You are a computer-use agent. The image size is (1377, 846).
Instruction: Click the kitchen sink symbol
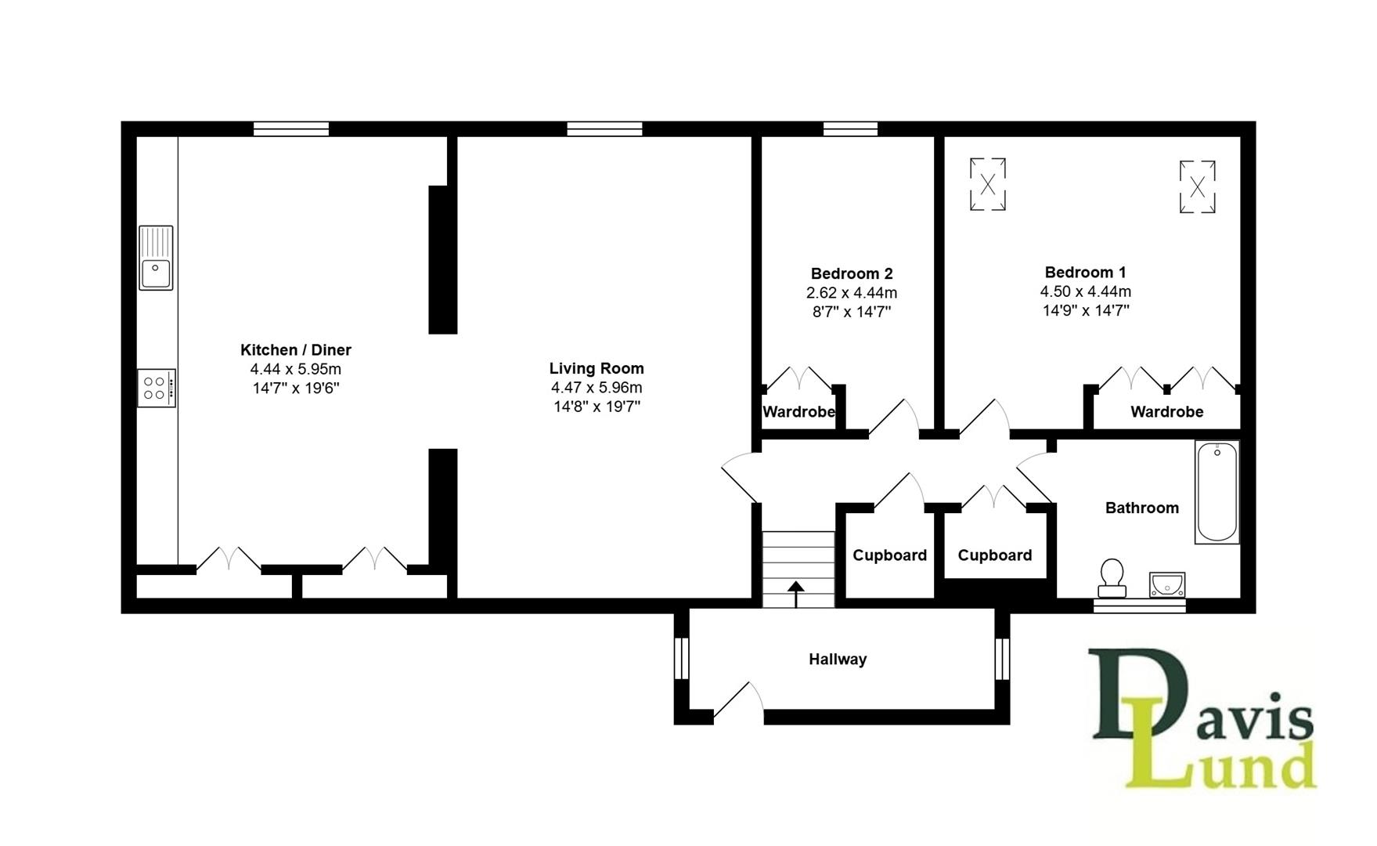click(x=156, y=258)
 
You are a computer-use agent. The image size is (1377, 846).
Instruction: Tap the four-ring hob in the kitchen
click(x=156, y=388)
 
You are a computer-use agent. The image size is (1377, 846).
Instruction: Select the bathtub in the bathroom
click(x=1217, y=492)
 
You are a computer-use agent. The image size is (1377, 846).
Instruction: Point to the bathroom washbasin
click(x=1167, y=584)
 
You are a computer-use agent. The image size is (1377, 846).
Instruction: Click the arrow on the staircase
click(x=796, y=593)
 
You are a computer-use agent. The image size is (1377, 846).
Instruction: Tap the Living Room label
click(x=596, y=368)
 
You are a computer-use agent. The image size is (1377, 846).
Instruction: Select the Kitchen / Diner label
click(x=295, y=350)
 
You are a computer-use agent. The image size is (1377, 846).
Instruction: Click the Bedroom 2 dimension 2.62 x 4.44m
click(x=851, y=293)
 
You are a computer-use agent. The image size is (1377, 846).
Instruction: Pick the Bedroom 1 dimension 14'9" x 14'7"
click(x=1085, y=310)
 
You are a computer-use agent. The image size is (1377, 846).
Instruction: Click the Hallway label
click(x=837, y=660)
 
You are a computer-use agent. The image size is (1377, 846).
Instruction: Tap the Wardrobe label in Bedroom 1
click(x=1166, y=412)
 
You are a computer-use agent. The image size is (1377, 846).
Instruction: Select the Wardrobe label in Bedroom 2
click(x=798, y=412)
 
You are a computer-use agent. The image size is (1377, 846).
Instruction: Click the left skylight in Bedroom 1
click(x=987, y=185)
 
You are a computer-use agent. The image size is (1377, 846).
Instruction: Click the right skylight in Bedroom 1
click(x=1197, y=186)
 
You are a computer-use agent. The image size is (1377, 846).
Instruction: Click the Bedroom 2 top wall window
click(x=850, y=129)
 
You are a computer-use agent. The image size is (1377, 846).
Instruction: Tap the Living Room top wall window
click(x=604, y=129)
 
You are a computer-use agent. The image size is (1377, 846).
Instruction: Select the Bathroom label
click(x=1141, y=508)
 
